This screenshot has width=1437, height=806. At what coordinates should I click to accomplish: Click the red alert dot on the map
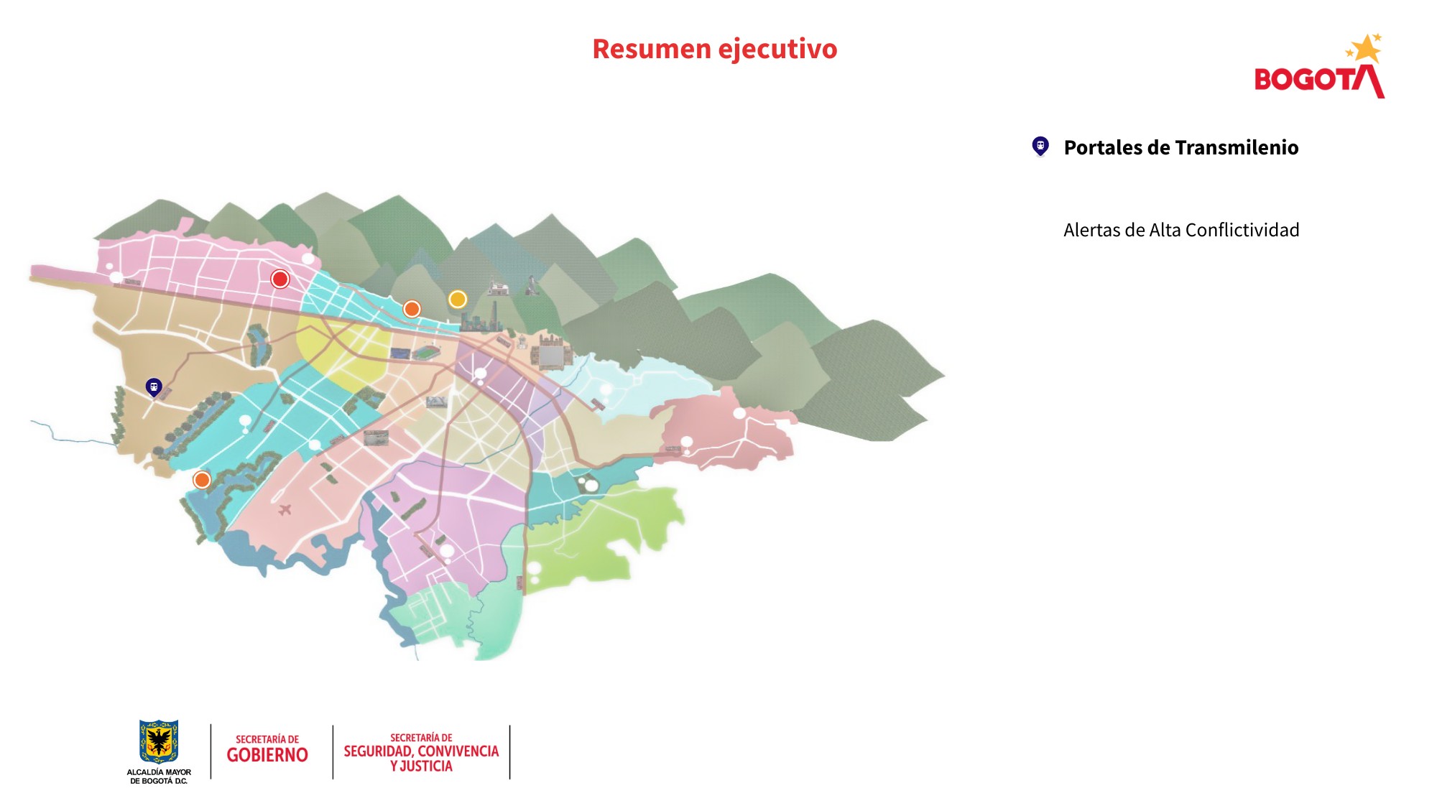pyautogui.click(x=280, y=279)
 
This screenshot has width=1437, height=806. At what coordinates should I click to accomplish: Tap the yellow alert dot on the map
pyautogui.click(x=458, y=299)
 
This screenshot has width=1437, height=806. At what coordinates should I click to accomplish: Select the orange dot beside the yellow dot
pyautogui.click(x=412, y=309)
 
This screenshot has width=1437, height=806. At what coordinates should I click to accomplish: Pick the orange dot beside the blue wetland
pyautogui.click(x=202, y=479)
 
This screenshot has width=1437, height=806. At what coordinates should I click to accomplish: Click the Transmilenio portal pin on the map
pyautogui.click(x=154, y=387)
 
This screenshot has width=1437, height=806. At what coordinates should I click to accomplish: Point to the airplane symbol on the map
pyautogui.click(x=285, y=510)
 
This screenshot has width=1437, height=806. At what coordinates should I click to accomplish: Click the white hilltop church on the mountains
pyautogui.click(x=498, y=287)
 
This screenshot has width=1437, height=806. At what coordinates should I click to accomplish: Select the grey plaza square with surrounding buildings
pyautogui.click(x=551, y=356)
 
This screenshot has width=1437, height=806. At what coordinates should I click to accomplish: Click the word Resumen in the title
pyautogui.click(x=651, y=49)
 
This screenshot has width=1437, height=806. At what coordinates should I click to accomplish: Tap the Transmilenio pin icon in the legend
pyautogui.click(x=1040, y=147)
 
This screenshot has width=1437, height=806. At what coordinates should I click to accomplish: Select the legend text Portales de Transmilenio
pyautogui.click(x=1180, y=147)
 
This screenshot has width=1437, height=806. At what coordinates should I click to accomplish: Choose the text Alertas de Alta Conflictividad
pyautogui.click(x=1180, y=230)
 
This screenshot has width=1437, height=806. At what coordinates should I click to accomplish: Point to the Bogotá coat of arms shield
pyautogui.click(x=159, y=741)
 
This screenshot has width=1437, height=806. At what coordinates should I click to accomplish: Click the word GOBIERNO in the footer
pyautogui.click(x=267, y=755)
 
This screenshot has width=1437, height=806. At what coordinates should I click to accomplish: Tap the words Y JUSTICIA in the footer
pyautogui.click(x=421, y=766)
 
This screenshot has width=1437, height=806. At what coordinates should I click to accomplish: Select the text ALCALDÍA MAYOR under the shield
pyautogui.click(x=159, y=772)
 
